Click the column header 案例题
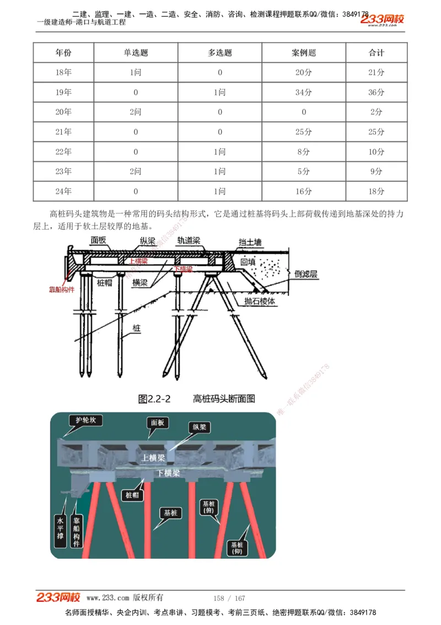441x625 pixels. click(304, 53)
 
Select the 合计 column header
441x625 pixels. click(377, 53)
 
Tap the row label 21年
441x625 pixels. click(63, 132)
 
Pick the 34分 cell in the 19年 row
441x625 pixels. click(304, 92)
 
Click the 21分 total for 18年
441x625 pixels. click(377, 72)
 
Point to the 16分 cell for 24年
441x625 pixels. click(304, 192)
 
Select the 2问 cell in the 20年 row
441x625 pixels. click(136, 112)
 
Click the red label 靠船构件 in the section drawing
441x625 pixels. click(62, 289)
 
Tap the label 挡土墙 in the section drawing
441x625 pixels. click(250, 242)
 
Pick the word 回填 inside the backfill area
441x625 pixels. click(248, 262)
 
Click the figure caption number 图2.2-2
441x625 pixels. click(154, 399)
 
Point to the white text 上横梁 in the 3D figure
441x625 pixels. click(153, 458)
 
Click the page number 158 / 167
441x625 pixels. click(229, 598)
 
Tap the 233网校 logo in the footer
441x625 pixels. click(58, 597)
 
